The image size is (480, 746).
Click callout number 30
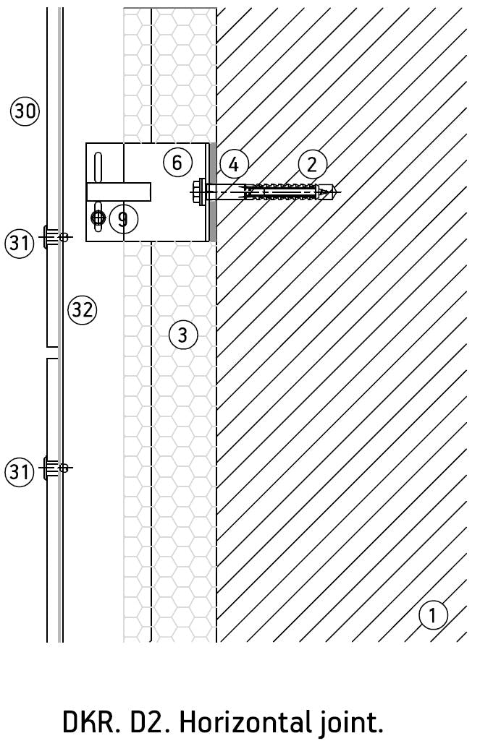pyautogui.click(x=25, y=111)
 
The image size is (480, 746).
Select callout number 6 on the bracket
pyautogui.click(x=177, y=162)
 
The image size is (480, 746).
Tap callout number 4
pyautogui.click(x=234, y=165)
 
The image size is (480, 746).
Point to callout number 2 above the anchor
pyautogui.click(x=312, y=164)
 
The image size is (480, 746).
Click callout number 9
pyautogui.click(x=123, y=218)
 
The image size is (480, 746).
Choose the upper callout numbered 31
pyautogui.click(x=20, y=243)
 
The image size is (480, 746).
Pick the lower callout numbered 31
pyautogui.click(x=20, y=472)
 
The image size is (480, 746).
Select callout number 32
pyautogui.click(x=82, y=310)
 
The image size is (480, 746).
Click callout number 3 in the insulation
pyautogui.click(x=182, y=335)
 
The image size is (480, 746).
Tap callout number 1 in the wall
pyautogui.click(x=433, y=615)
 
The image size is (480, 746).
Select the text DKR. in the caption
pyautogui.click(x=90, y=721)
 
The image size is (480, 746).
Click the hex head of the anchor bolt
pyautogui.click(x=198, y=192)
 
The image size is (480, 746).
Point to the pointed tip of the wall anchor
pyautogui.click(x=334, y=192)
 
